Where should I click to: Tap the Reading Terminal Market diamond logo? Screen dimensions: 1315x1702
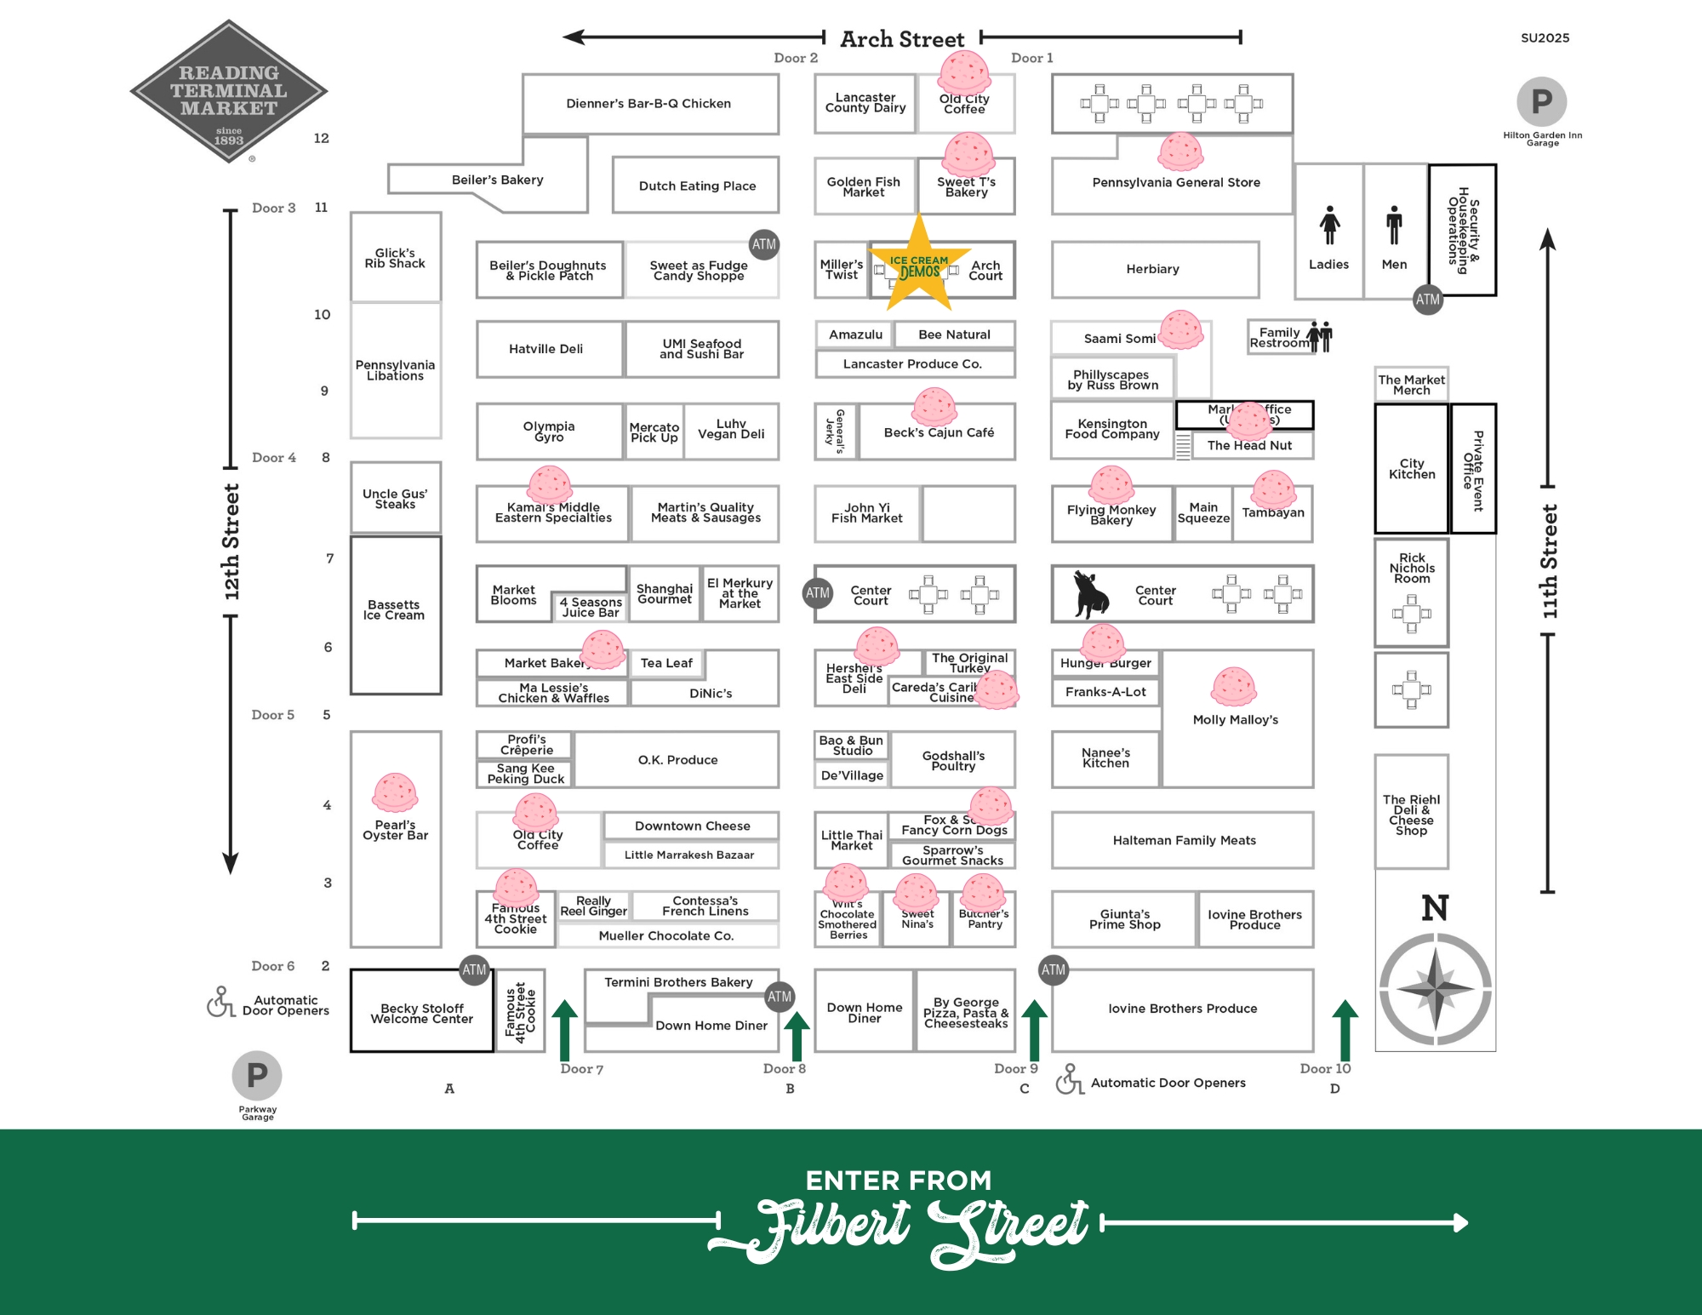coord(228,91)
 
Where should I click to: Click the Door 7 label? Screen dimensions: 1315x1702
coord(581,1069)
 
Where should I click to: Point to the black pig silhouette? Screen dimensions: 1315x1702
coord(1090,593)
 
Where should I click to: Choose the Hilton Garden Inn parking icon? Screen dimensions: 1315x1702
coord(1541,102)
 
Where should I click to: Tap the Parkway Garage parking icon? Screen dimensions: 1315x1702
coord(257,1076)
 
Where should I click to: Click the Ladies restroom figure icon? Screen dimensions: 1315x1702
coord(1329,226)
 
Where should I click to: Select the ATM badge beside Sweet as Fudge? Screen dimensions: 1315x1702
coord(763,244)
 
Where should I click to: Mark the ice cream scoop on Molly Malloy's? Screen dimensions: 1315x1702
coord(1234,687)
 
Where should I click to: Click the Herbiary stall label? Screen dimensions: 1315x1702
coord(1152,269)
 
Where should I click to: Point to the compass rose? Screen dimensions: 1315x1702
coord(1435,989)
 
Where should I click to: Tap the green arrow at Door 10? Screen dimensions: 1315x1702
coord(1345,1030)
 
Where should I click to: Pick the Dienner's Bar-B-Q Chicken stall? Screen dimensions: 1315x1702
coord(649,104)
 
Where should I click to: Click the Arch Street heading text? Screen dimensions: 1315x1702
coord(902,39)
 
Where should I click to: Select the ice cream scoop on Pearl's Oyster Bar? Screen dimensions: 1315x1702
coord(395,792)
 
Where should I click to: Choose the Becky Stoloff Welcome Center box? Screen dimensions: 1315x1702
coord(421,1012)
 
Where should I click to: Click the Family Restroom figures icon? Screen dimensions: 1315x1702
coord(1320,336)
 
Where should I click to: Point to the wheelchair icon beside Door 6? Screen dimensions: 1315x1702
coord(220,1002)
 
